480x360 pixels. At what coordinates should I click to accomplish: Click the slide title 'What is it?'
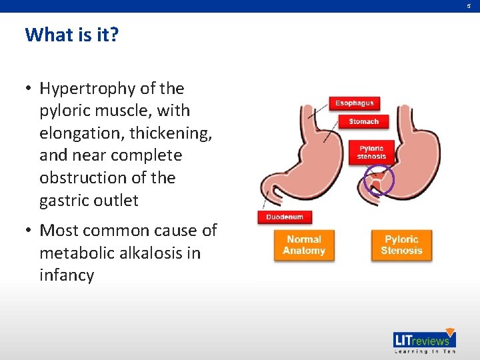[71, 35]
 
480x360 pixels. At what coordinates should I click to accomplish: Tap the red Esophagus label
[354, 103]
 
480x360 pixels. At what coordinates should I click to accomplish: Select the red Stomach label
[363, 121]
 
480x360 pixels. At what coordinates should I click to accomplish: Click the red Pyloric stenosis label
[371, 152]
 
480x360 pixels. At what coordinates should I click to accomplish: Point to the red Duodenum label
[285, 217]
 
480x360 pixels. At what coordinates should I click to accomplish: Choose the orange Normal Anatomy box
[303, 245]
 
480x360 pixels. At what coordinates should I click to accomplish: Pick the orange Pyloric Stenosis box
[401, 245]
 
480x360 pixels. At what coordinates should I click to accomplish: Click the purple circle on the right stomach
[379, 180]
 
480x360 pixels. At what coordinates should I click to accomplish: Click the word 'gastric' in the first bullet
[65, 200]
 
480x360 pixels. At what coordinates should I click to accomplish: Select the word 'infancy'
[67, 275]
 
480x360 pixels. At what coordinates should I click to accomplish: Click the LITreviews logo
[424, 339]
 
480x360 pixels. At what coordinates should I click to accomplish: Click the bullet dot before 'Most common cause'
[30, 231]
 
